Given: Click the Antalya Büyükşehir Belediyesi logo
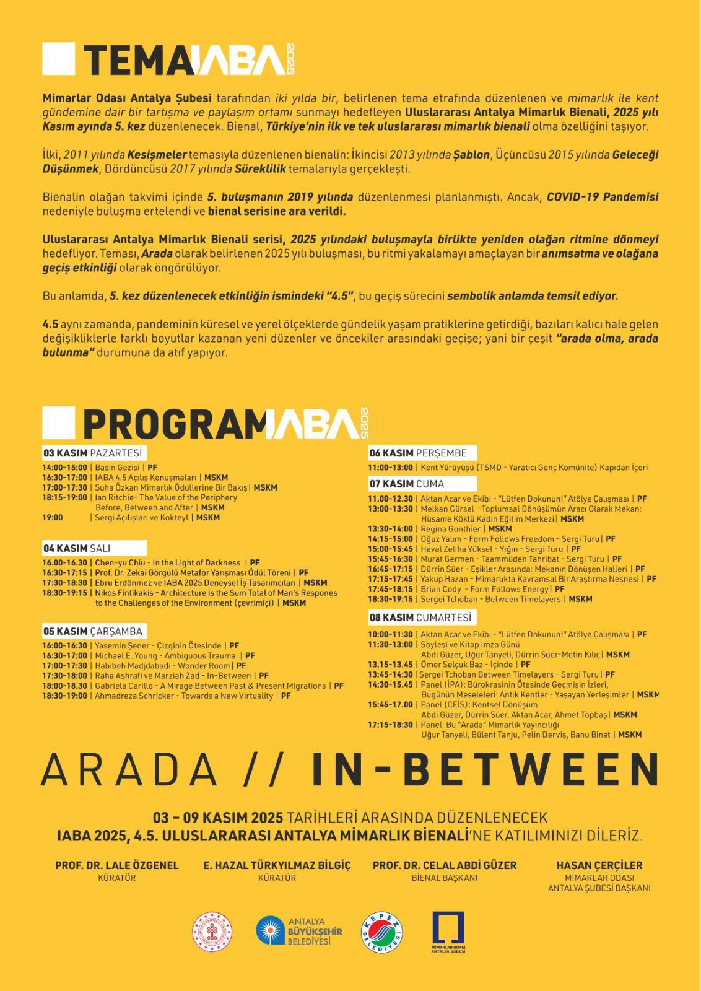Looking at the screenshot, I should click(298, 932).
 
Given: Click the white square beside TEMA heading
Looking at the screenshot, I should click(58, 58).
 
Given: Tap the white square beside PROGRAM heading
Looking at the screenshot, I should click(58, 423).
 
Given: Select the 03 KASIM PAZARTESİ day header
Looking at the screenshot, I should click(92, 453).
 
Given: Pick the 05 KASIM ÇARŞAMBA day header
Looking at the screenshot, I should click(92, 631).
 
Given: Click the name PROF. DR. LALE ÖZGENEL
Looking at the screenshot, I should click(116, 865).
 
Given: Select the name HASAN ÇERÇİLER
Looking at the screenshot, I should click(599, 865).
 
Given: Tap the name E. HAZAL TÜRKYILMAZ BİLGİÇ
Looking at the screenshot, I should click(277, 865).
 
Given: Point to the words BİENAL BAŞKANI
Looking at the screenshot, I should click(444, 878).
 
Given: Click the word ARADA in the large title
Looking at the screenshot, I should click(129, 770).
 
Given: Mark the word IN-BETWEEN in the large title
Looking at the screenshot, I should click(485, 770).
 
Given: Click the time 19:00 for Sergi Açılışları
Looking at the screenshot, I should click(53, 517).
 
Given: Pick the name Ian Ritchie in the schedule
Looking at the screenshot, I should click(115, 497).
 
